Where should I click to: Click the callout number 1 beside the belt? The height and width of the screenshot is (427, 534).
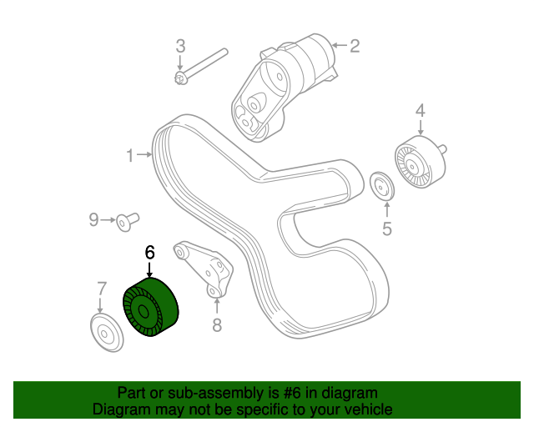click(130, 155)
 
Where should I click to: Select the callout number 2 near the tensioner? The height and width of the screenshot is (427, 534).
click(355, 46)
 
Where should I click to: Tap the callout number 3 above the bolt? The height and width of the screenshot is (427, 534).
click(180, 46)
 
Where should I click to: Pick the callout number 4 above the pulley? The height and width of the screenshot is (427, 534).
click(421, 111)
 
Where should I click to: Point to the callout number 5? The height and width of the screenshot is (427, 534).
click(387, 229)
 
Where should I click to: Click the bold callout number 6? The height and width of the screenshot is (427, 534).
click(149, 253)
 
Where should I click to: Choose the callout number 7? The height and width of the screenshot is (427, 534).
click(102, 289)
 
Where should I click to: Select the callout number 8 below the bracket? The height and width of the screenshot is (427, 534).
click(217, 325)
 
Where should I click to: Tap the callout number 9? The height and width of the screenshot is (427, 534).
click(93, 220)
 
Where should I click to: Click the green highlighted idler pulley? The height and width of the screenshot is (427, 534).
click(150, 307)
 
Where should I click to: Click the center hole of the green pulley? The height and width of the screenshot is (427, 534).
click(144, 311)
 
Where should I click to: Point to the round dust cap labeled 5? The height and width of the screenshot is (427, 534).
click(382, 186)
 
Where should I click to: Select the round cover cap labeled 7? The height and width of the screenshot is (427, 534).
click(107, 333)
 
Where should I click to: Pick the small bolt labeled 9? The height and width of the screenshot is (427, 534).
click(128, 222)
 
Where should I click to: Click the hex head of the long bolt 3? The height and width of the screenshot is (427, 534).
click(180, 78)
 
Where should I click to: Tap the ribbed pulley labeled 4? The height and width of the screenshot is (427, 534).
click(421, 163)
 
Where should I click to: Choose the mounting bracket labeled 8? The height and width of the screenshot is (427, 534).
click(205, 269)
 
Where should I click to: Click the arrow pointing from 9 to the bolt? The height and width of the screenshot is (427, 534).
click(108, 220)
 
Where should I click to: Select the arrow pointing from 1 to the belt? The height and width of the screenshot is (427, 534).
click(144, 155)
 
